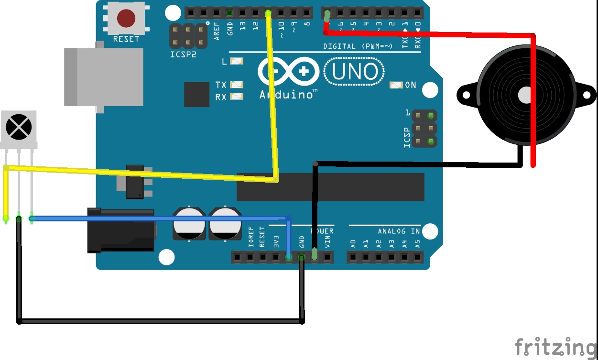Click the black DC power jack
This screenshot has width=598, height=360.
pos(121,230)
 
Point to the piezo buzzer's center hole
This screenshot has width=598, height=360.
pos(524,94)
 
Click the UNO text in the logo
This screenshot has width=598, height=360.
pos(354,72)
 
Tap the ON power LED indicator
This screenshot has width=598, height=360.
pos(396,85)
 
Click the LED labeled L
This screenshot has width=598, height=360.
pos(237,61)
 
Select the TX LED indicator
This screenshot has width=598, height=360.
pos(237,85)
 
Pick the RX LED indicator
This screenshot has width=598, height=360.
pos(237,97)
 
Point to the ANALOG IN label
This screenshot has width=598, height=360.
pos(399,231)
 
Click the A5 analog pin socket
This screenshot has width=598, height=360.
pos(417,257)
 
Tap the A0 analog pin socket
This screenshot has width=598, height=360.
pos(353,257)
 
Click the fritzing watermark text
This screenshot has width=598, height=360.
pos(555,347)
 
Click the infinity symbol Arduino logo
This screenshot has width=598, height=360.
pos(288,72)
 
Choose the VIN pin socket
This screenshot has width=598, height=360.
pos(327,257)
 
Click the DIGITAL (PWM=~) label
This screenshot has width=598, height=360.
pos(358,46)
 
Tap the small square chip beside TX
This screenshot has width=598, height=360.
pos(197,94)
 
